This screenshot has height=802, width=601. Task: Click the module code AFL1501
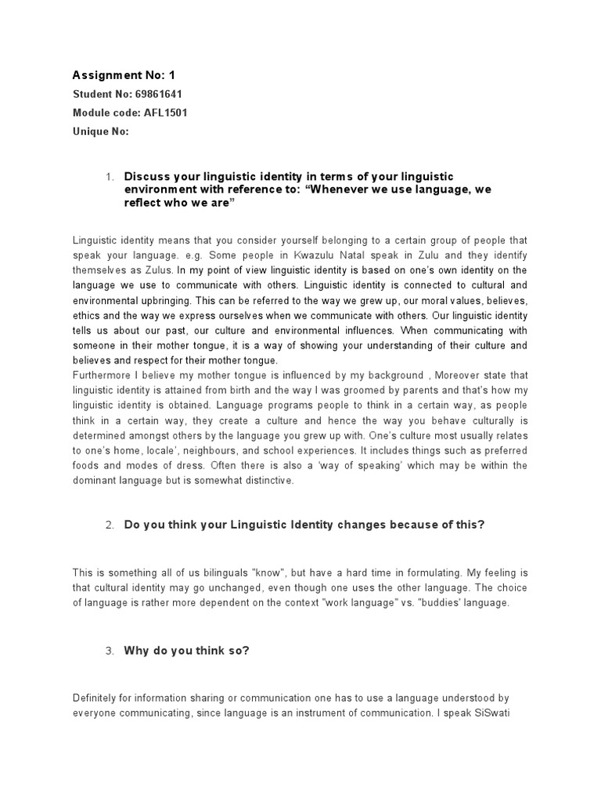pos(165,114)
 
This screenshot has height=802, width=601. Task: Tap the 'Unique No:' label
pos(100,132)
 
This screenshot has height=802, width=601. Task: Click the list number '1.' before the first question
pos(110,178)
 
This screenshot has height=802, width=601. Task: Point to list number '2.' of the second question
pos(110,525)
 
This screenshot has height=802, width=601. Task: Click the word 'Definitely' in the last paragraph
pos(97,698)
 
